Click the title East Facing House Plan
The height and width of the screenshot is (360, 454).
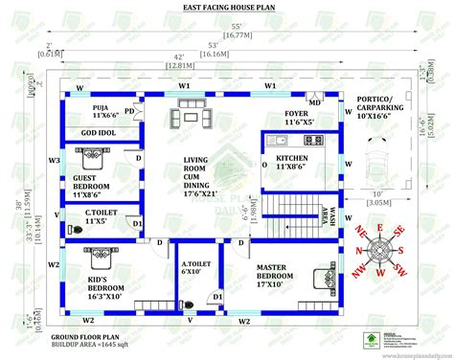(226, 9)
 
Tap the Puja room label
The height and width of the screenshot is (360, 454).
(102, 110)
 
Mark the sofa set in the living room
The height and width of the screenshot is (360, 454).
(187, 117)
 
